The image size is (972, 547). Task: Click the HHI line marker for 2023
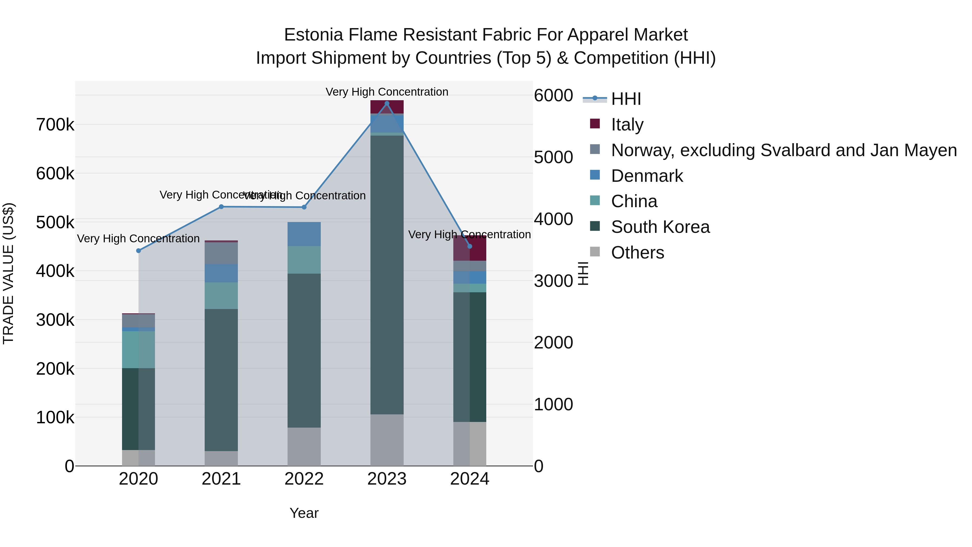coord(387,103)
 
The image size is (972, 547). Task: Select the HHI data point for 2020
coord(139,251)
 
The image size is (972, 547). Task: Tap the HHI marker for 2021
coord(221,207)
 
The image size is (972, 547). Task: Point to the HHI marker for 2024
coord(470,247)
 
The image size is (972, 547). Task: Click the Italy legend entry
coord(627,125)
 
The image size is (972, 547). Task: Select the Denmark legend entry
coord(647,176)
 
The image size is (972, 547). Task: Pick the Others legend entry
coord(637,253)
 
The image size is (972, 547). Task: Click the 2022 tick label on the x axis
coord(304,479)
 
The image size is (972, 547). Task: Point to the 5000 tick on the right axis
coord(553,157)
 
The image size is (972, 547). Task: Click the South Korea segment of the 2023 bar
coord(387,275)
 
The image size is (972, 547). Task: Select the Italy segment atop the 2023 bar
coord(387,106)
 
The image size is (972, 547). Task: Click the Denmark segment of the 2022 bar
coord(304,234)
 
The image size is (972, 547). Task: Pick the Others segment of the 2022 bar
coord(304,447)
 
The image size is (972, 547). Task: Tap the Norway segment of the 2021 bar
coord(221,253)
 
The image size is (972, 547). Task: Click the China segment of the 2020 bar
coord(139,350)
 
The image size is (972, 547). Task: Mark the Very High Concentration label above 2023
coord(387,92)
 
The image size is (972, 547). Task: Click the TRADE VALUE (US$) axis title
coord(8,273)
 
